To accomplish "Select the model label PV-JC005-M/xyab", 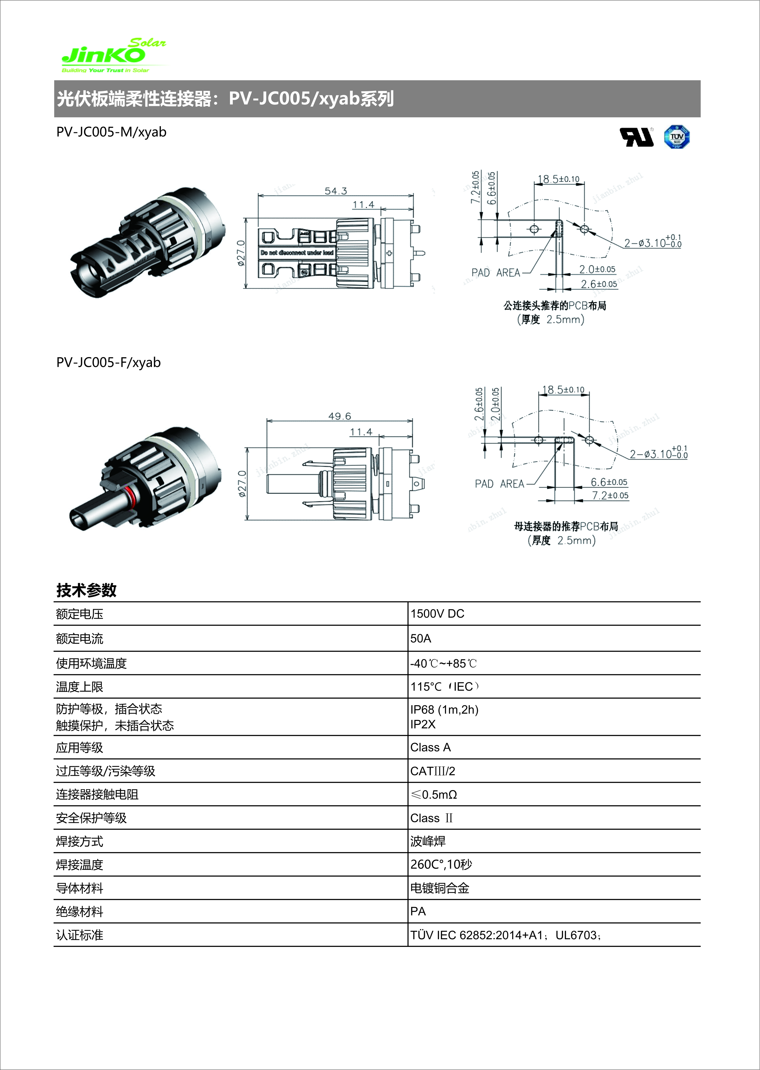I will pyautogui.click(x=112, y=132).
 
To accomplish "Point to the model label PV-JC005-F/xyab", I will pyautogui.click(x=108, y=363).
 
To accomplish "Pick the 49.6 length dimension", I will pyautogui.click(x=339, y=416).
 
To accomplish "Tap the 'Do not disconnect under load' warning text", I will pyautogui.click(x=297, y=253).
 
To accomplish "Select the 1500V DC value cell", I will pyautogui.click(x=437, y=614).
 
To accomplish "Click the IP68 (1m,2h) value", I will pyautogui.click(x=444, y=710).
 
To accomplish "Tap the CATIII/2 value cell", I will pyautogui.click(x=433, y=771).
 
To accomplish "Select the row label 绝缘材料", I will pyautogui.click(x=80, y=911).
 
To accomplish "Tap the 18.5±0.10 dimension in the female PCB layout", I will pyautogui.click(x=563, y=390).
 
